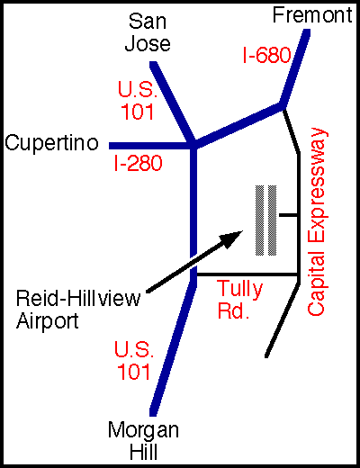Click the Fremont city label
(x=312, y=15)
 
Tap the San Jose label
(x=148, y=32)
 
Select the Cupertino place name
(x=51, y=143)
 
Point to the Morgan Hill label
(x=143, y=440)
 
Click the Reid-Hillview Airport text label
(x=78, y=310)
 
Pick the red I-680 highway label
(x=266, y=55)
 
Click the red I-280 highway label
(x=138, y=163)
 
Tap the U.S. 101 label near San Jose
(x=138, y=100)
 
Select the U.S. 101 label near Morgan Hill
(x=134, y=360)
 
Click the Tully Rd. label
(x=239, y=300)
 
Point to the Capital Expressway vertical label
(x=317, y=222)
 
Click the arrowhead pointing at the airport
(x=231, y=238)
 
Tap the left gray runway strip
(x=260, y=220)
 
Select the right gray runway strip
(x=272, y=220)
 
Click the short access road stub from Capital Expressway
(x=288, y=215)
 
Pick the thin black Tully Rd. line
(x=247, y=274)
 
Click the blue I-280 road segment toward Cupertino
(x=150, y=146)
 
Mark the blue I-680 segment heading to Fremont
(x=294, y=67)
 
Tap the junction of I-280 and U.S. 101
(x=193, y=146)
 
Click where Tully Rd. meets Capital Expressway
(x=299, y=274)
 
